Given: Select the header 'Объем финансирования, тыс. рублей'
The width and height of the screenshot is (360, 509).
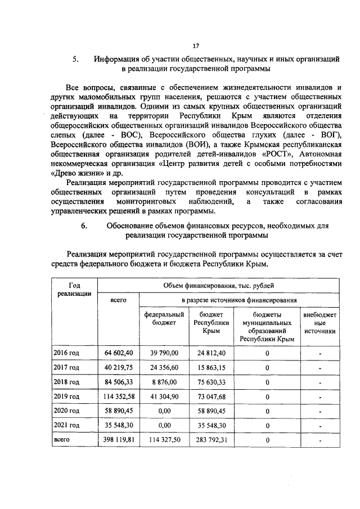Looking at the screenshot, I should click(219, 286).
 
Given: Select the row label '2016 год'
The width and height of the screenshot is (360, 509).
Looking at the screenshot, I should click(66, 353).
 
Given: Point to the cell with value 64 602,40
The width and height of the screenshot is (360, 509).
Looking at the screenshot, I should click(118, 353).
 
